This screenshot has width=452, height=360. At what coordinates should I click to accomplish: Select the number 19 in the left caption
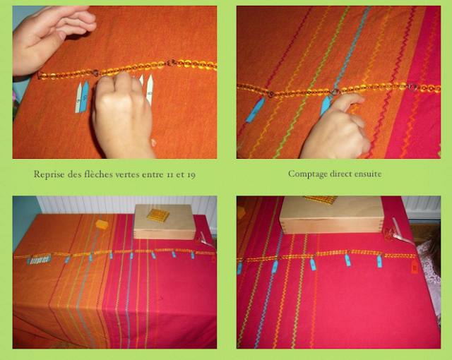pos(191,175)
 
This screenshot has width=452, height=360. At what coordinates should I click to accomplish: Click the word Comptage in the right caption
pos(308,174)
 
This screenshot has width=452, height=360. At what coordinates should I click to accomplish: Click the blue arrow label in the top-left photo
pos(84,96)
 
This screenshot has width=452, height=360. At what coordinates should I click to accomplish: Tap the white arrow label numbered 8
pos(150,90)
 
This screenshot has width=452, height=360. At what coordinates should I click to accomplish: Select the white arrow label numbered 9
pos(78,97)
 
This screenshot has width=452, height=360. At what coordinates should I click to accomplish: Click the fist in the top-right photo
pos(336,128)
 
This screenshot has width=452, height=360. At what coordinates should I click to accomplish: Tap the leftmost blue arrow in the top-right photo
pos(255,110)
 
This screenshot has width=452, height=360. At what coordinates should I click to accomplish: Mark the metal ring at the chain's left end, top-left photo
pos(40,76)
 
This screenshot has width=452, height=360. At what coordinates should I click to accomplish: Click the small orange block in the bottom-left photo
pos(102,224)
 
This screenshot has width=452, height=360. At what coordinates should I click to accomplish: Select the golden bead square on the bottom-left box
pos(157,215)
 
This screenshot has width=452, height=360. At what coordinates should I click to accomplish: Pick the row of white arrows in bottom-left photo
pos(40,260)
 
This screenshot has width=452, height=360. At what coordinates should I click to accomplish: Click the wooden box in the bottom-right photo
pos(331,215)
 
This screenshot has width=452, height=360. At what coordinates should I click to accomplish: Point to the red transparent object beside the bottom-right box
pos(389,234)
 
